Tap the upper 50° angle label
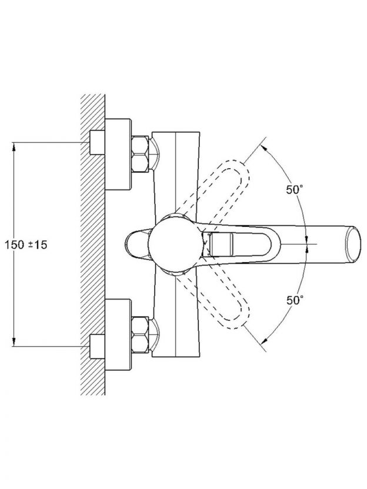[x=295, y=190]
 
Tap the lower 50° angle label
[x=295, y=300]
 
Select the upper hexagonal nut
[x=140, y=154]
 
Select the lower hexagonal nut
[x=140, y=334]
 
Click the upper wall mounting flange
[x=118, y=154]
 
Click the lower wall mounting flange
[x=118, y=334]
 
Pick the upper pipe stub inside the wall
[x=97, y=142]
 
